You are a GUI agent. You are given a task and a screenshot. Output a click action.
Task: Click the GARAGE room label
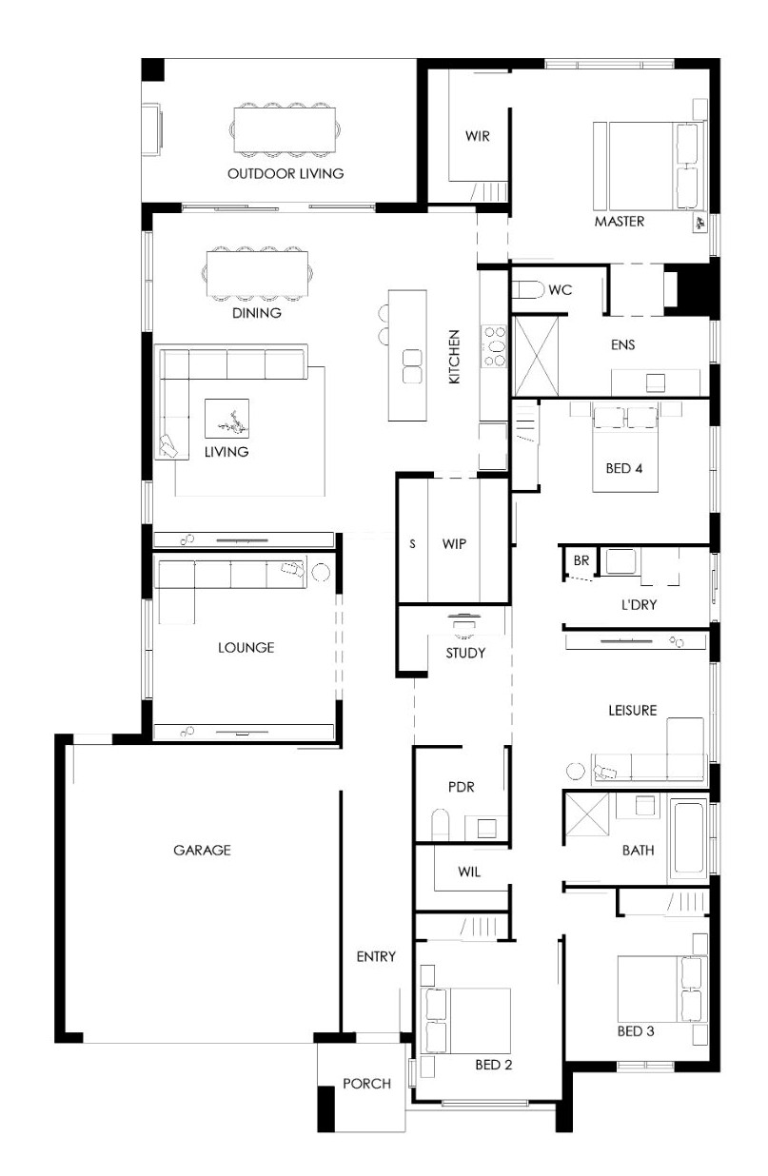202,850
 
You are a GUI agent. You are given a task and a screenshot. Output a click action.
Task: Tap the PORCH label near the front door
366,1084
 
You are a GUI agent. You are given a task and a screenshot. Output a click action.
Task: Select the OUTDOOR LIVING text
286,173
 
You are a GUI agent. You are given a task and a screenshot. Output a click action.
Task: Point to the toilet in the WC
528,289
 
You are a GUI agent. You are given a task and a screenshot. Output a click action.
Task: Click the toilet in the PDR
440,824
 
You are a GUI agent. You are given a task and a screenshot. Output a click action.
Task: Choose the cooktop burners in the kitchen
495,346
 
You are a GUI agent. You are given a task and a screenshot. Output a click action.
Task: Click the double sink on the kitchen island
411,366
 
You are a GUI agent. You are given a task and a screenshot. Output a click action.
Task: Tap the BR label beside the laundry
581,560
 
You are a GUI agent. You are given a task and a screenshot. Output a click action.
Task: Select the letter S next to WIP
412,544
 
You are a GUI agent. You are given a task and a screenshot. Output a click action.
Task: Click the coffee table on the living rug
226,419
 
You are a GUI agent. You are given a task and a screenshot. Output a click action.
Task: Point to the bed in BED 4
624,447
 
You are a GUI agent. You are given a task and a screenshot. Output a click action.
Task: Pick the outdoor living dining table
285,129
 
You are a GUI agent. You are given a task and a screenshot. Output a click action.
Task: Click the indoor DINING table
257,273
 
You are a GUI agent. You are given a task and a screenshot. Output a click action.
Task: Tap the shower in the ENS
536,356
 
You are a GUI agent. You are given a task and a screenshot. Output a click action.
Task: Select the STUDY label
465,653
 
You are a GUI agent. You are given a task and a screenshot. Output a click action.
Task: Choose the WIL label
469,872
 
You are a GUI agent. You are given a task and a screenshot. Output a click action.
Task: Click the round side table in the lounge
321,572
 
